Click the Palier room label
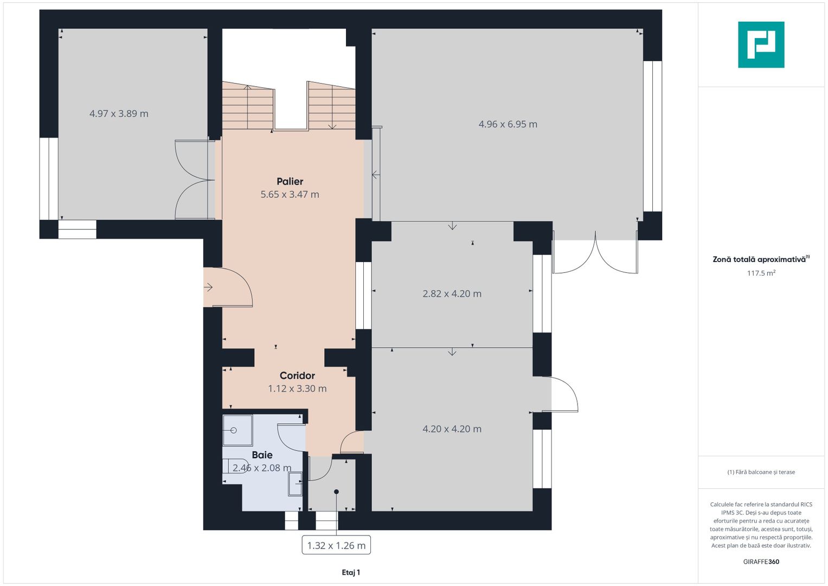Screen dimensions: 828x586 [290, 181]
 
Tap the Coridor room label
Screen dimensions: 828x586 [297, 375]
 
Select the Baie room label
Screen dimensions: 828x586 [262, 455]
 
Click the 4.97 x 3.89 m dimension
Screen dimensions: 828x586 [119, 113]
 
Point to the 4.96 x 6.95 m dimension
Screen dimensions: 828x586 [508, 124]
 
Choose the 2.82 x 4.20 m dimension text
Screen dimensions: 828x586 [452, 294]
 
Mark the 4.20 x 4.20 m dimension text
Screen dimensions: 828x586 [452, 429]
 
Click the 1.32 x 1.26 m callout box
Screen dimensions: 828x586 [336, 545]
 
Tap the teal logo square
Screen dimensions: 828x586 [761, 44]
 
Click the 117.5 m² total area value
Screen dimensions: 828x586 [761, 273]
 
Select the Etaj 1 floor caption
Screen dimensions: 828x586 [351, 572]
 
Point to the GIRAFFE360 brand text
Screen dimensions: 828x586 [761, 562]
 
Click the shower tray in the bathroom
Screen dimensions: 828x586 [238, 430]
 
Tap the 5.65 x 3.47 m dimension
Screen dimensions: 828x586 [290, 194]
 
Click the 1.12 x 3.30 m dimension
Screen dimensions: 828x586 [297, 388]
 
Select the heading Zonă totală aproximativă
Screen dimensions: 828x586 [759, 259]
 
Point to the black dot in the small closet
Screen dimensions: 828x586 [336, 492]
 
